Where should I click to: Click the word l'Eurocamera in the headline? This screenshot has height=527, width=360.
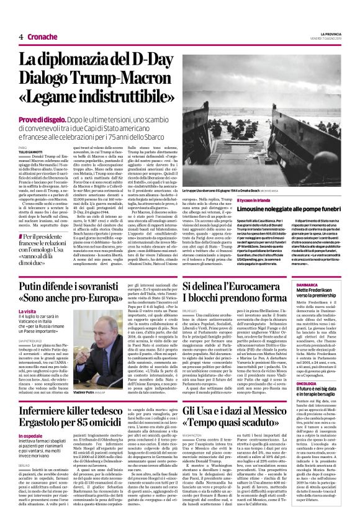(299, 285)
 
